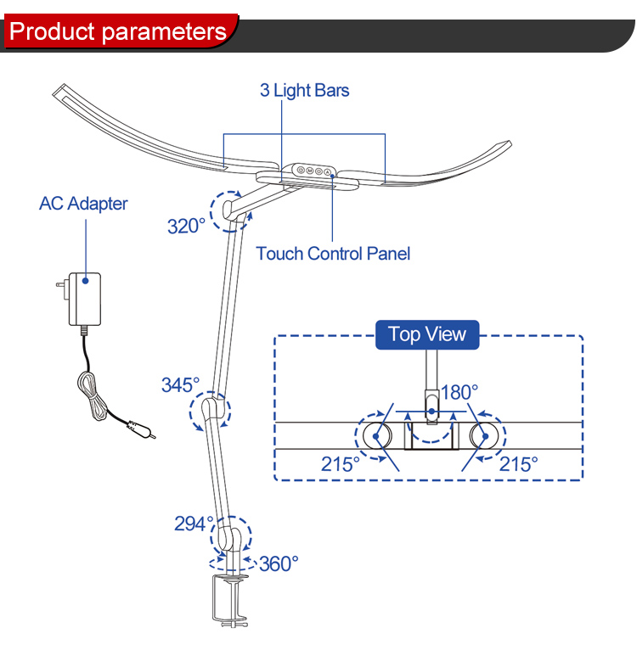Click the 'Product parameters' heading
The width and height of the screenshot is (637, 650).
[x=118, y=33]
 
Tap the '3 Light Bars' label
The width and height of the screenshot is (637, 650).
[x=304, y=90]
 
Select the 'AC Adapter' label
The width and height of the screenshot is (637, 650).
[x=83, y=204]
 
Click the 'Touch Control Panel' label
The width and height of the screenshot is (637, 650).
[x=332, y=253]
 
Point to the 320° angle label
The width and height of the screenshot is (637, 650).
[x=186, y=226]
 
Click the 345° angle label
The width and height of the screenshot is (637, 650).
[x=181, y=384]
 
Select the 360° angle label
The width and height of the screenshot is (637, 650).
[x=279, y=563]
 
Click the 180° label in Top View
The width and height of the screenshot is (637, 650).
[x=459, y=392]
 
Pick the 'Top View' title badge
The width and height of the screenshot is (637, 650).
[x=427, y=333]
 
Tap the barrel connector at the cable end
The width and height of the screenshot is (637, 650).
[x=139, y=429]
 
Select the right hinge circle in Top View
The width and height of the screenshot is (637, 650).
[x=485, y=436]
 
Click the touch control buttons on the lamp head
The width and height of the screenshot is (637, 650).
[x=313, y=170]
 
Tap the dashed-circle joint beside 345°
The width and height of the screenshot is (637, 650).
[x=210, y=413]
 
